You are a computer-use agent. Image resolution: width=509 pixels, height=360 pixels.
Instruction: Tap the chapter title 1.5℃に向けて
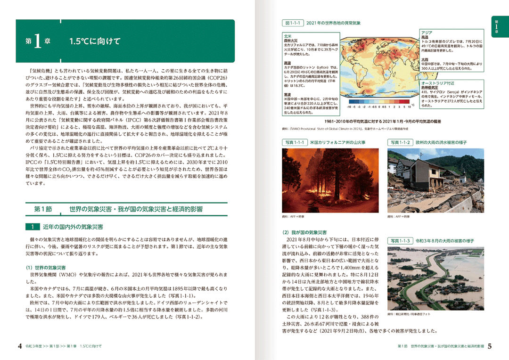[x=95, y=41]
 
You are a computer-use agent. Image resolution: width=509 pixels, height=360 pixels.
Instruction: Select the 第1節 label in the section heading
[x=46, y=208]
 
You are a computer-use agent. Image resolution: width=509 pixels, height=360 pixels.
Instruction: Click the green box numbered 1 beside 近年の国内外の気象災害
[x=33, y=227]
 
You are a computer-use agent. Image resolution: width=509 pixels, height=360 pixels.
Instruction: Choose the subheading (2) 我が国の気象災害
[x=304, y=232]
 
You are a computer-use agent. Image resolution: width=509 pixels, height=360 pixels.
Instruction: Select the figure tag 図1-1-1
[x=292, y=23]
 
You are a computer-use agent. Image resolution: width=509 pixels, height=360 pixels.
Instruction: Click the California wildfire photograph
[x=330, y=180]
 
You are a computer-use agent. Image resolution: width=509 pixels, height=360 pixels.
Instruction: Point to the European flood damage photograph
[x=435, y=180]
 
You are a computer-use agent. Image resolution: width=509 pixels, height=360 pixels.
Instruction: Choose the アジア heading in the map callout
[x=427, y=32]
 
